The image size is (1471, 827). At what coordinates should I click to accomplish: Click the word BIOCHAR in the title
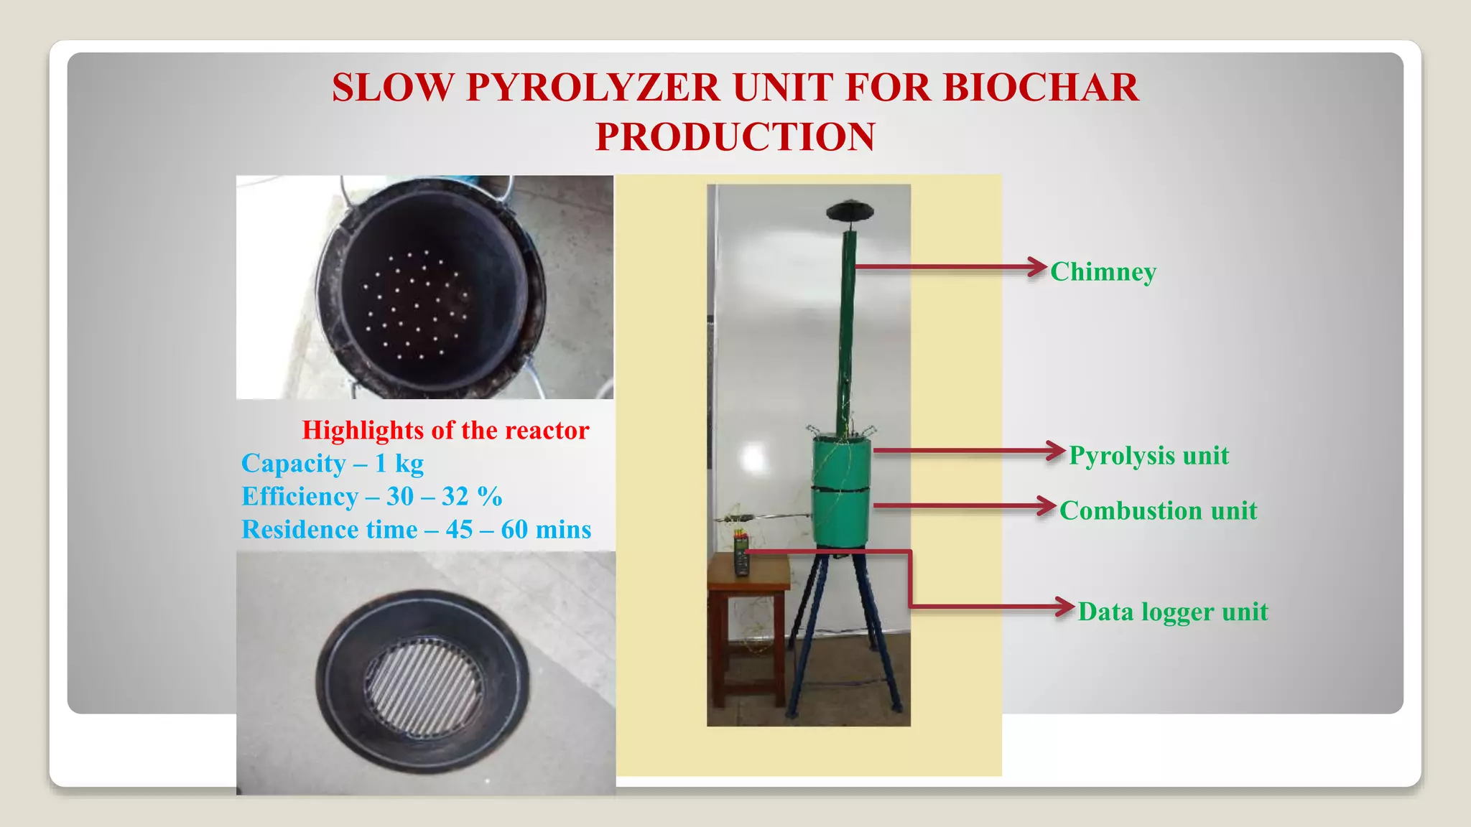click(x=1040, y=88)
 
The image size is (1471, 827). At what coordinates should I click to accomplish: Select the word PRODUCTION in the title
click(x=735, y=136)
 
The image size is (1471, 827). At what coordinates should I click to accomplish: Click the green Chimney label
click(x=1103, y=272)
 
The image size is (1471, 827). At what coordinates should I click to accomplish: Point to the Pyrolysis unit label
click(x=1149, y=456)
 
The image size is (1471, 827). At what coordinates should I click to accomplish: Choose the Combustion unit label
click(x=1158, y=511)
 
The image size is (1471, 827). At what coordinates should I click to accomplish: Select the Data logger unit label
click(x=1173, y=612)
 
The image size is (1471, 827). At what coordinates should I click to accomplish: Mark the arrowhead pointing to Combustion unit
click(x=1047, y=505)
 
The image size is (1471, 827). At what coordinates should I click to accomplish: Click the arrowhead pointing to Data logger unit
click(x=1065, y=607)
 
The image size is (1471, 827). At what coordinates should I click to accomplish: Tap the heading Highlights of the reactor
click(x=445, y=430)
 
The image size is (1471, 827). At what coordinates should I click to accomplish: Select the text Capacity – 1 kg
click(x=333, y=464)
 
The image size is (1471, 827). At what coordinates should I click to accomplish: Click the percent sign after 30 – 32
click(x=489, y=497)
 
